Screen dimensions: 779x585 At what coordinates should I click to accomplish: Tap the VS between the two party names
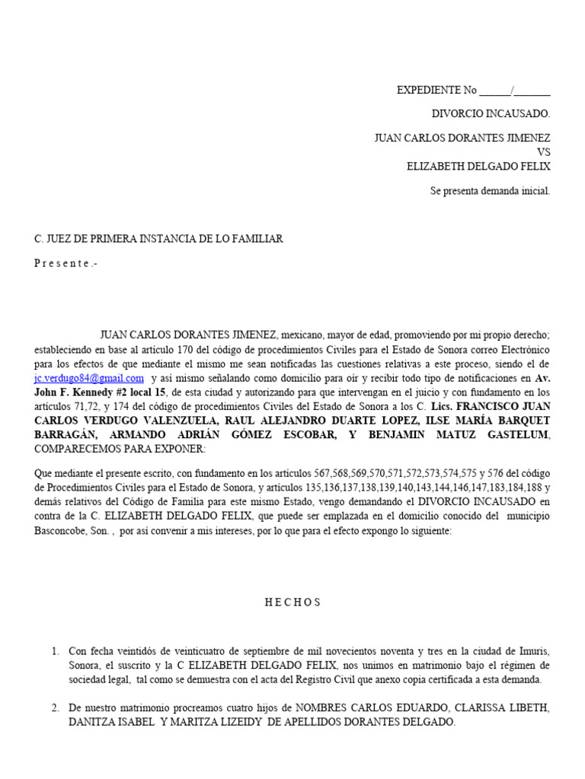[543, 152]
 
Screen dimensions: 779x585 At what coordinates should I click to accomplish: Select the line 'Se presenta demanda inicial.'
[490, 191]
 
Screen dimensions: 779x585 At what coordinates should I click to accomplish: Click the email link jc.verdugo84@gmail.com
[89, 378]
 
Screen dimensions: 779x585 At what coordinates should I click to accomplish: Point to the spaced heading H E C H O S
[293, 602]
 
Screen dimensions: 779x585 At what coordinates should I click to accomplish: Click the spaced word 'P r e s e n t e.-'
[66, 264]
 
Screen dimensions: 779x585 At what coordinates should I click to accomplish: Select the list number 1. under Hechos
[56, 651]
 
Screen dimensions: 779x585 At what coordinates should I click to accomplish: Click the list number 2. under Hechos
[56, 707]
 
